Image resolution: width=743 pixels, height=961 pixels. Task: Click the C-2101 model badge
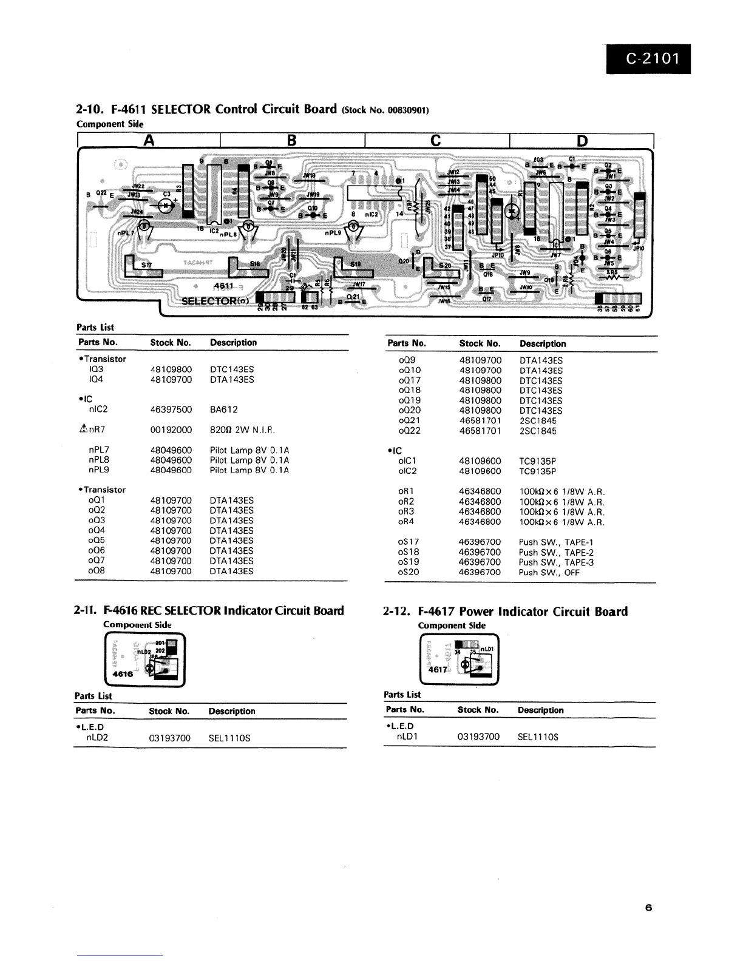(648, 59)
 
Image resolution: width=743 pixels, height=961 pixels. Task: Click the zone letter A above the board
(149, 141)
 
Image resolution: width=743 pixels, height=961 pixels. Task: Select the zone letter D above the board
(582, 141)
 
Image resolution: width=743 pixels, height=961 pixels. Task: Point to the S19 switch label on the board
(355, 265)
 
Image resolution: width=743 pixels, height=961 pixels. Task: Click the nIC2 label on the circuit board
(371, 214)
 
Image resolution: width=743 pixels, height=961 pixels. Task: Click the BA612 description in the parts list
(224, 410)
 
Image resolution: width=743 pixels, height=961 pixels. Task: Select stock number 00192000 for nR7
(171, 430)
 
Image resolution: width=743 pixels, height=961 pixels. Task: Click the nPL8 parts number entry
(99, 460)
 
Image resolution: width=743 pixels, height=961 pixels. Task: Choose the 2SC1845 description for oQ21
(538, 420)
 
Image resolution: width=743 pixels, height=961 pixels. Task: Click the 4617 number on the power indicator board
(438, 670)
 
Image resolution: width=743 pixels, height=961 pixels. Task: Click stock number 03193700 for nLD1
(478, 737)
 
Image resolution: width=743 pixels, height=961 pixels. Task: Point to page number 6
(648, 908)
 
